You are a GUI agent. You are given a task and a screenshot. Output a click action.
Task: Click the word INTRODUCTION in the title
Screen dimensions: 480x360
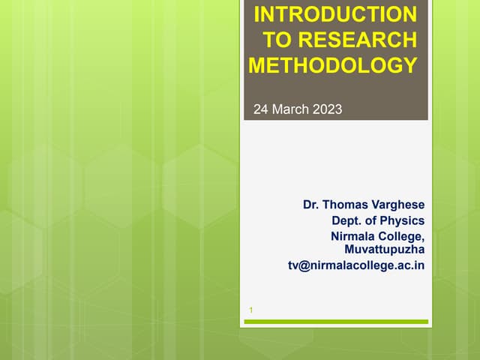(x=335, y=14)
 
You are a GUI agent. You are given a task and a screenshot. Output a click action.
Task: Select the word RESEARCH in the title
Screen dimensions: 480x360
(x=357, y=40)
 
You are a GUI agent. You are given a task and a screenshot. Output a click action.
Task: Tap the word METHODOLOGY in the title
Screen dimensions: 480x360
(x=333, y=65)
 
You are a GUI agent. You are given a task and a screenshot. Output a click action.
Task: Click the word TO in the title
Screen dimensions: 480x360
(x=278, y=40)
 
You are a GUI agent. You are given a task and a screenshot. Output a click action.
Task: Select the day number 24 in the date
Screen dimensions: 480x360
(x=261, y=109)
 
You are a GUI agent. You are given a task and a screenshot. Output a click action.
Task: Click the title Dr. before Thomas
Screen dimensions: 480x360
(x=310, y=205)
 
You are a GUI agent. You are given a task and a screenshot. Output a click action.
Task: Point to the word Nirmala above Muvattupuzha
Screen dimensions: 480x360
(x=352, y=236)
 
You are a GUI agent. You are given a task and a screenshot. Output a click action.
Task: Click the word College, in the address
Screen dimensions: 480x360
(x=401, y=236)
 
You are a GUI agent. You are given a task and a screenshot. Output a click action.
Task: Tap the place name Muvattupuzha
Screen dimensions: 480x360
(x=385, y=249)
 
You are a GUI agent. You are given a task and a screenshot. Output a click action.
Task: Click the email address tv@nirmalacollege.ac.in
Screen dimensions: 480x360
(x=356, y=265)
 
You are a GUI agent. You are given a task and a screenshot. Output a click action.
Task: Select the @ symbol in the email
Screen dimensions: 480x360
(x=303, y=265)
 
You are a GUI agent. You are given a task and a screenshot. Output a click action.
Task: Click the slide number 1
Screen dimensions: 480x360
(x=251, y=310)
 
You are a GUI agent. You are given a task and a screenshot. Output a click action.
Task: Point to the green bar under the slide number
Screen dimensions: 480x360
(x=336, y=322)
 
